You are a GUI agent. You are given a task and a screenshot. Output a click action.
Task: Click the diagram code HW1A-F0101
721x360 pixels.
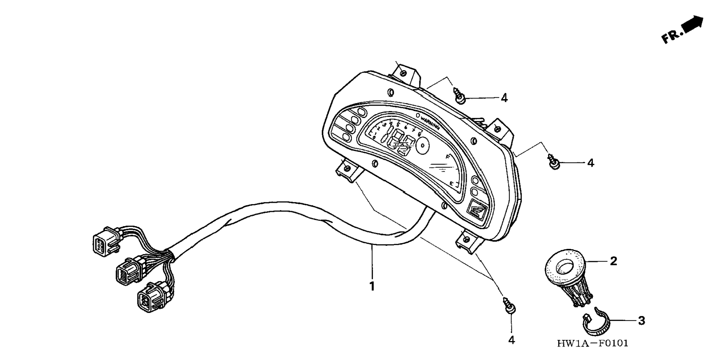pyautogui.click(x=592, y=343)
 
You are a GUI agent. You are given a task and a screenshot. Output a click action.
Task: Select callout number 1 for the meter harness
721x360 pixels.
pyautogui.click(x=372, y=287)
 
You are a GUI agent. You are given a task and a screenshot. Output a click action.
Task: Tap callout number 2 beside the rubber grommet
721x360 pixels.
pyautogui.click(x=613, y=261)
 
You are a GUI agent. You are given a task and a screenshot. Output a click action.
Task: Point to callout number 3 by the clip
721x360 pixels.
pyautogui.click(x=641, y=320)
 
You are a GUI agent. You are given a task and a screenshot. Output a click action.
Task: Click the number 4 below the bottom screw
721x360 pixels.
pyautogui.click(x=511, y=340)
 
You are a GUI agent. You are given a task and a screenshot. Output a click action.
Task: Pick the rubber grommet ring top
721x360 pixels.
pyautogui.click(x=565, y=268)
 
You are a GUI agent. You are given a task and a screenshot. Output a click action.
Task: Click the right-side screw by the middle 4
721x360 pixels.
pyautogui.click(x=554, y=162)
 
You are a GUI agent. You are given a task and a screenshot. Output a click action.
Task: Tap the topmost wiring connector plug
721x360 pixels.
pyautogui.click(x=105, y=241)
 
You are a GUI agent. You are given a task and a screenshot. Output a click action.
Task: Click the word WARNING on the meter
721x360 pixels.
pyautogui.click(x=430, y=122)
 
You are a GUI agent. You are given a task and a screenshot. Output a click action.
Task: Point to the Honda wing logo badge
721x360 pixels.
pyautogui.click(x=476, y=210)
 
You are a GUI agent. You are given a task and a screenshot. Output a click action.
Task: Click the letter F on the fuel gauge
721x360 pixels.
pyautogui.click(x=447, y=157)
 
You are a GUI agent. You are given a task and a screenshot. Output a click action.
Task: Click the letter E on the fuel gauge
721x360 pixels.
pyautogui.click(x=451, y=184)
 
